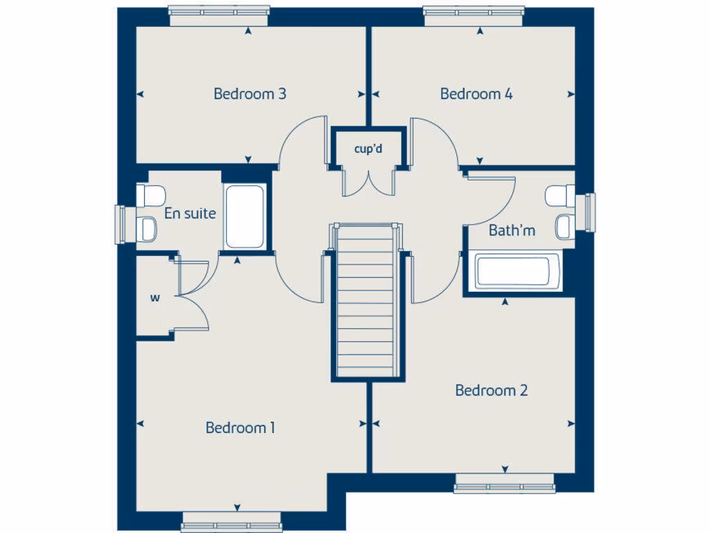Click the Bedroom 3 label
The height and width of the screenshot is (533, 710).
coord(250,94)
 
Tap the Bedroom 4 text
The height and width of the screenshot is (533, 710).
coord(476,94)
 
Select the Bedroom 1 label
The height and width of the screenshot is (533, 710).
coord(240,428)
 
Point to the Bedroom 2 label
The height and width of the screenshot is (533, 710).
coord(491,390)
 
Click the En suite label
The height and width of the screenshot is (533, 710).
coord(189,214)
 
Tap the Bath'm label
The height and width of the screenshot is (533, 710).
coord(512,230)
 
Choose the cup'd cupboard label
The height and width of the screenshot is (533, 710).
coord(368,149)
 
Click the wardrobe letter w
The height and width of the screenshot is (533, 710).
coord(155,298)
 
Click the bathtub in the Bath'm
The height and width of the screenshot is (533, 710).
coord(518,271)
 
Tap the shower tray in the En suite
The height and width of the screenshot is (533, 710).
coord(245,216)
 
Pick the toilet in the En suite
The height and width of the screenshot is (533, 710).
coord(150,194)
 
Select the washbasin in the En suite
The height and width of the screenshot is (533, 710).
coord(148,227)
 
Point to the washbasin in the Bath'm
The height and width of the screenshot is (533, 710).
coord(564,226)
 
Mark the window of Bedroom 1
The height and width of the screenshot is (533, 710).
coord(231,522)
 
